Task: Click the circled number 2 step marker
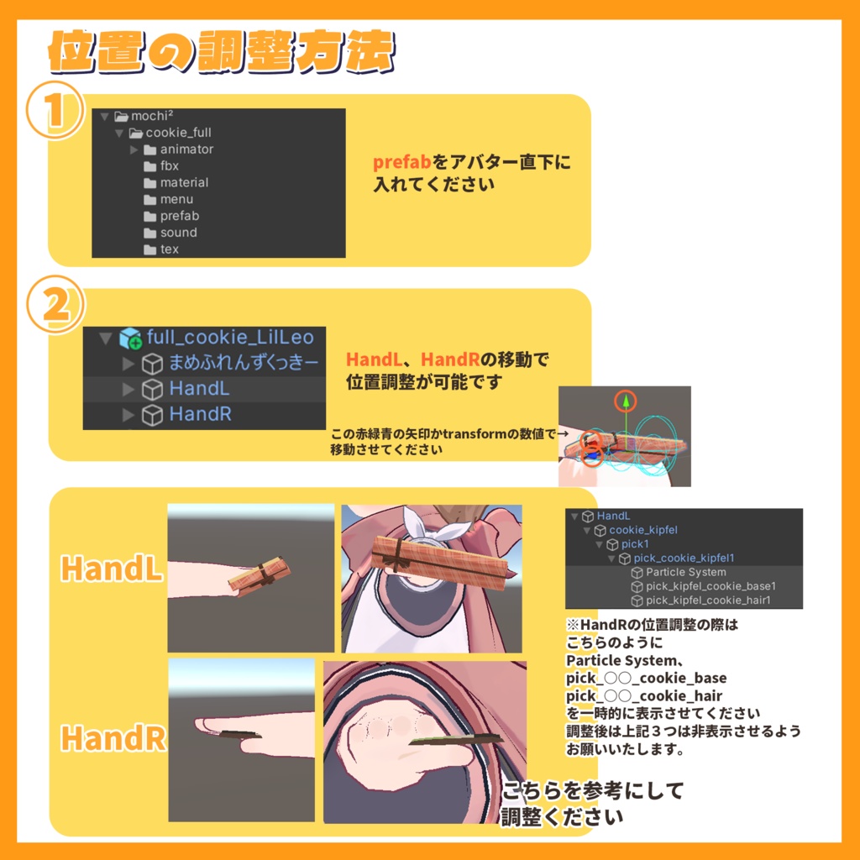55,307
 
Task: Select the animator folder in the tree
186,149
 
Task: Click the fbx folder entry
169,166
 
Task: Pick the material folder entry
183,183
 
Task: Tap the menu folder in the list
176,200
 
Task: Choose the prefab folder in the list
179,217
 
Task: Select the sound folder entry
178,233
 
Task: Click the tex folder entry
169,249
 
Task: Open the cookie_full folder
177,133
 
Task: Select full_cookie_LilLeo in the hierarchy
229,338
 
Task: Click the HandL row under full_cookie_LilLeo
198,389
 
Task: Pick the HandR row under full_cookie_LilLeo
200,415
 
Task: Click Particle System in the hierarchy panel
685,572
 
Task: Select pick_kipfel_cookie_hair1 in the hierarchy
707,600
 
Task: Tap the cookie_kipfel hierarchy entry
642,531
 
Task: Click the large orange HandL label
112,569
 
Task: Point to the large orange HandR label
113,738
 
